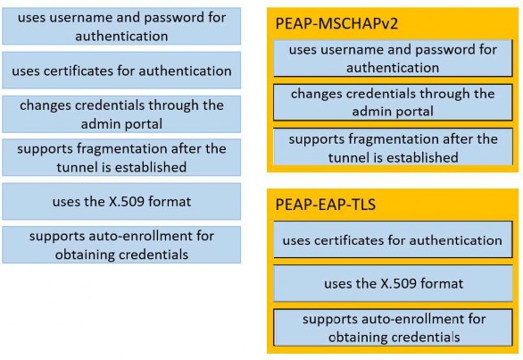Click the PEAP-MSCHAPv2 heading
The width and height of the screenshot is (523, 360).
tap(336, 24)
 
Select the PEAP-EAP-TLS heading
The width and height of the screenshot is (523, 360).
tap(326, 205)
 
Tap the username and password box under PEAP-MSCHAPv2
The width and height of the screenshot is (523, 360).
tap(393, 58)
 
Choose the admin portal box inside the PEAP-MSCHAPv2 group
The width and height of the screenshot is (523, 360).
tap(393, 102)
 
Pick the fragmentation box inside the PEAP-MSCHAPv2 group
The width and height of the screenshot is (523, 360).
tap(393, 147)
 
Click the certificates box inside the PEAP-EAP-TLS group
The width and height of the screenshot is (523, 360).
tap(393, 239)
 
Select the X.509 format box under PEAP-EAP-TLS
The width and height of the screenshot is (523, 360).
tap(393, 283)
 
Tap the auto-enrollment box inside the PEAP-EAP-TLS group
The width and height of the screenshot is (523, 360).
tap(393, 328)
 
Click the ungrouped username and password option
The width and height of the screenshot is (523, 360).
tap(121, 27)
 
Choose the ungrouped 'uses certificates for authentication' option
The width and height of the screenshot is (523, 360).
tap(121, 71)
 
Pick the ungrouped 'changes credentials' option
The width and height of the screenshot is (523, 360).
tap(121, 114)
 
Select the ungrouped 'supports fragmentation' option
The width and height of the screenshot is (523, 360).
tap(121, 157)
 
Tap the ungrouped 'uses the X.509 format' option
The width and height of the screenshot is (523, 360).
tap(121, 201)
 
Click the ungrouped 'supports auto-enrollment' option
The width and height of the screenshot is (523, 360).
tap(121, 245)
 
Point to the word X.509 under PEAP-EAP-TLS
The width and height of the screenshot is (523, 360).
tap(399, 283)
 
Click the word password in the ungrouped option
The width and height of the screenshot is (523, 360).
tap(174, 18)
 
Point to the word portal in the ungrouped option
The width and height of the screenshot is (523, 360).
tap(143, 124)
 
